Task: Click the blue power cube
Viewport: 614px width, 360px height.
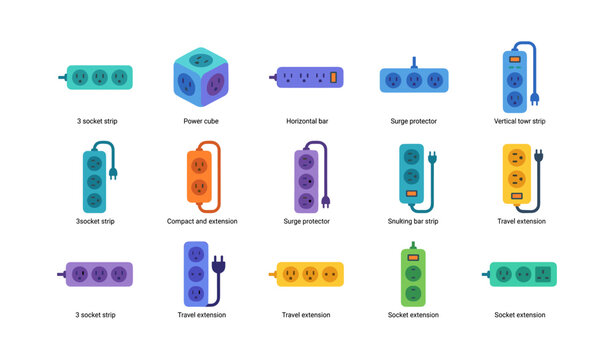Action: (x=199, y=76)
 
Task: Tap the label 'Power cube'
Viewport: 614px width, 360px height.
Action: (x=199, y=121)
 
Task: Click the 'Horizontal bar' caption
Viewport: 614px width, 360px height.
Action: (x=308, y=121)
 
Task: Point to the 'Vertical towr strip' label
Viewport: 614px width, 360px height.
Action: (x=519, y=121)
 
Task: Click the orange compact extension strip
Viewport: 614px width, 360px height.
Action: (x=199, y=175)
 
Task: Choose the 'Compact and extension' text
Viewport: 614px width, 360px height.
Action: (x=199, y=221)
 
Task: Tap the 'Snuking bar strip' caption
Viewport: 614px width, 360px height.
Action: (x=413, y=221)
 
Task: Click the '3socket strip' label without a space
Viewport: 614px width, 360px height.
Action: (x=95, y=221)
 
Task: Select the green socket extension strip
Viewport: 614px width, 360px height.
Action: (x=413, y=274)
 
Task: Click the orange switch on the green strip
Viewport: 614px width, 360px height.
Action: (x=413, y=257)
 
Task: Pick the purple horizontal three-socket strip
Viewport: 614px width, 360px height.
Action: (x=98, y=274)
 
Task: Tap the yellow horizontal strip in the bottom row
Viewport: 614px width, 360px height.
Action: (x=310, y=274)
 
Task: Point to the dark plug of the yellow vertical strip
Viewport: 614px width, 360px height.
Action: (x=539, y=156)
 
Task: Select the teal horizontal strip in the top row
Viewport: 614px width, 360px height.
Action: (x=98, y=76)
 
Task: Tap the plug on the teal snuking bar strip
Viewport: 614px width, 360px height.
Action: (x=433, y=158)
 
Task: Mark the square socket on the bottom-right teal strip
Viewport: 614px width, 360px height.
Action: (x=544, y=274)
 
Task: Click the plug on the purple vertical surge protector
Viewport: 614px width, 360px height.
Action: (x=326, y=202)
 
